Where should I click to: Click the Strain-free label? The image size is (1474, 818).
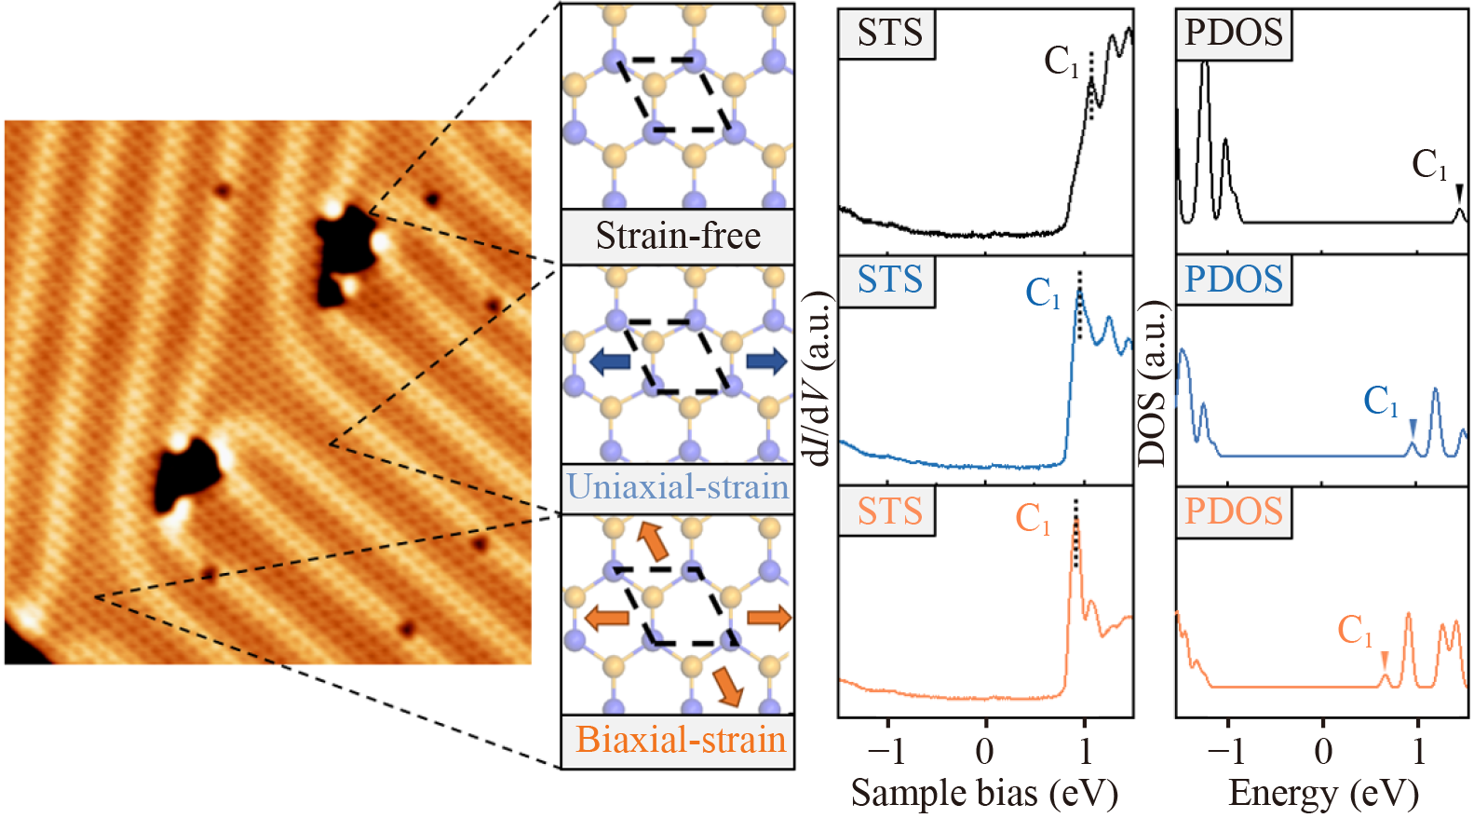tap(678, 236)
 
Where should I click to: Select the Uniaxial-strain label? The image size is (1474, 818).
tap(678, 486)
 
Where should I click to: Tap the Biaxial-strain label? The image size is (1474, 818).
tap(681, 740)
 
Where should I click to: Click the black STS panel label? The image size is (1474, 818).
tap(889, 33)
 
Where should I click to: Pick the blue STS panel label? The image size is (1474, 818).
tap(889, 279)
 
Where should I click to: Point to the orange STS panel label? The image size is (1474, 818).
tap(889, 511)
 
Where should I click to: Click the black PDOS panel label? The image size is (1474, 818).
tap(1234, 33)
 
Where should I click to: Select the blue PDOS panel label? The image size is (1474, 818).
tap(1234, 279)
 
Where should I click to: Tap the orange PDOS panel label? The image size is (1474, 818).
tap(1234, 511)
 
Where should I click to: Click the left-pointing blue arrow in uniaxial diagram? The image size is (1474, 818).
tap(610, 361)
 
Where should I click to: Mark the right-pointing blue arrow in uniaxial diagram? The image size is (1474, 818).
tap(766, 361)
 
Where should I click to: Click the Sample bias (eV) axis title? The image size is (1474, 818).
tap(984, 793)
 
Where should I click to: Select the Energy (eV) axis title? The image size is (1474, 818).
tap(1323, 793)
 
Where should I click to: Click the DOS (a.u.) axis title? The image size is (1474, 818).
tap(1153, 382)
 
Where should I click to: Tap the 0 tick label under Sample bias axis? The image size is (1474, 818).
tap(984, 751)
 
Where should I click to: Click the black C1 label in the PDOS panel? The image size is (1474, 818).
tap(1430, 165)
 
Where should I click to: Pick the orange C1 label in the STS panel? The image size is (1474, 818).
tap(1033, 518)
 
